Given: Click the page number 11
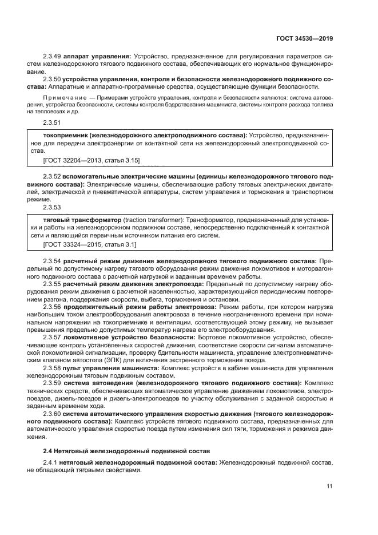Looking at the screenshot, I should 329,486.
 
